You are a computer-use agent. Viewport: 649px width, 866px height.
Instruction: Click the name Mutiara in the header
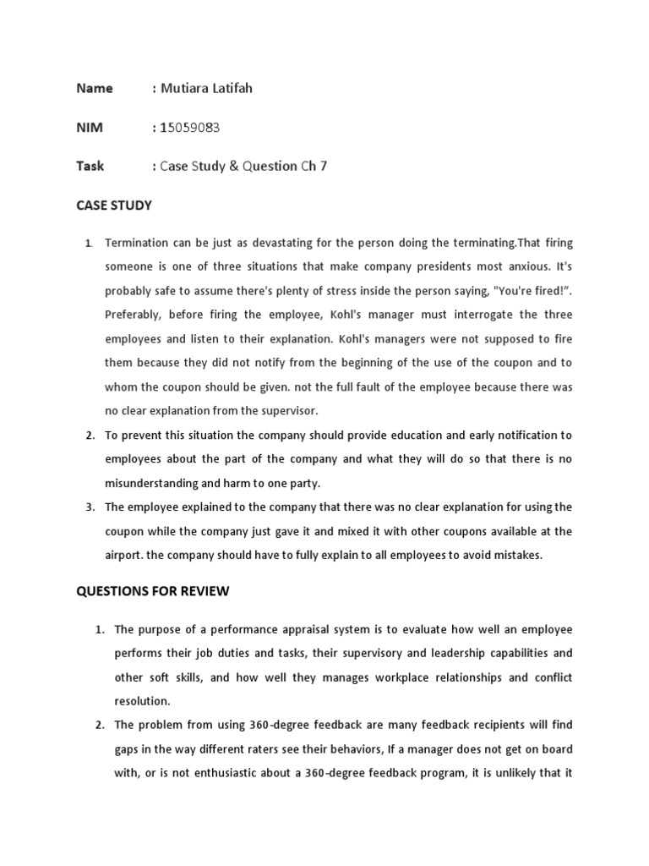coord(186,88)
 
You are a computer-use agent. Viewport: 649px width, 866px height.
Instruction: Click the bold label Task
coord(90,166)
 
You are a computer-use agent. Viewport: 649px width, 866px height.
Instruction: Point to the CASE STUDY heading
coord(114,205)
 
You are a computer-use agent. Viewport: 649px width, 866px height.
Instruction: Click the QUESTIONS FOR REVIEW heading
coord(152,591)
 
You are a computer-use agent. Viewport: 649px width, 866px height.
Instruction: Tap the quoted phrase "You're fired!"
coord(533,291)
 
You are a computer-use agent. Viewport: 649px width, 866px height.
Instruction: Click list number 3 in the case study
coord(89,507)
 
